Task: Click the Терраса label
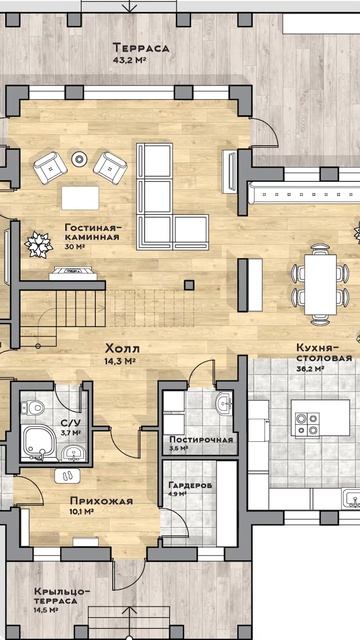(x=141, y=48)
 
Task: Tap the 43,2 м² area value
(x=129, y=60)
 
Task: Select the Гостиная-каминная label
(x=93, y=232)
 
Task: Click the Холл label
(x=122, y=349)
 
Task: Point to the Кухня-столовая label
(x=324, y=353)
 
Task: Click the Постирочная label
(x=201, y=440)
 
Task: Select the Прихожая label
(x=101, y=501)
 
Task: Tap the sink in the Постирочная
(x=224, y=403)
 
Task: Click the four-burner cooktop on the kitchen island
(x=307, y=424)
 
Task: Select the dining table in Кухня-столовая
(x=320, y=284)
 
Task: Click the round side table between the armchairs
(x=79, y=159)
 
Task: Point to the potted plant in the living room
(x=39, y=244)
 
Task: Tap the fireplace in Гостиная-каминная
(x=73, y=273)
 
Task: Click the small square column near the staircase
(x=189, y=285)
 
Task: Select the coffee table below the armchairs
(x=80, y=198)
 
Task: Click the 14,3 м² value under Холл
(x=120, y=361)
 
